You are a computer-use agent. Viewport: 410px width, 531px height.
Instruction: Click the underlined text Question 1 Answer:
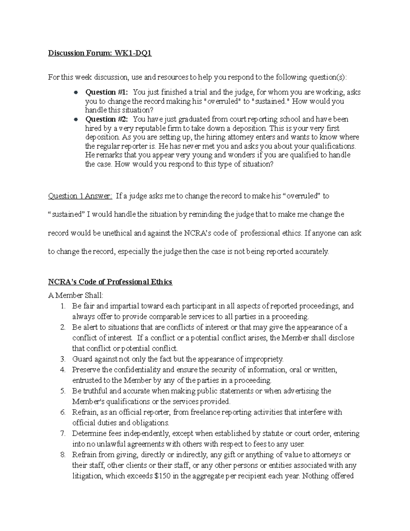80,196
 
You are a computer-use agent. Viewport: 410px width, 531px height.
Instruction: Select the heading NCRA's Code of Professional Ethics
110,282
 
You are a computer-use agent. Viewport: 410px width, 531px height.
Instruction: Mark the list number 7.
63,434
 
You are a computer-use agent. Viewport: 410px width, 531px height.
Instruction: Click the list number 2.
63,327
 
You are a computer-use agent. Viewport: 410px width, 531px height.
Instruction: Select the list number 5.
63,391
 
